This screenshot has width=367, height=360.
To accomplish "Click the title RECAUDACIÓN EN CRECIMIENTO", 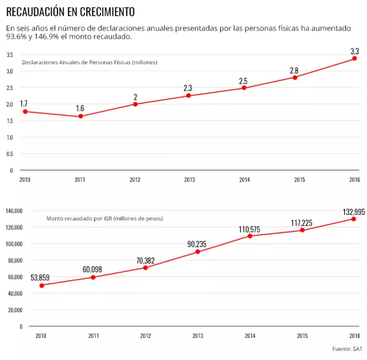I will click(x=71, y=12).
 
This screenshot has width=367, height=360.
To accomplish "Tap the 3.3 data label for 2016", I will click(x=354, y=51).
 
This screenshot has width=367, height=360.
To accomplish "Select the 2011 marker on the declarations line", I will click(x=80, y=116).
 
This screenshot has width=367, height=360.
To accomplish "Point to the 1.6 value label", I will click(x=80, y=108).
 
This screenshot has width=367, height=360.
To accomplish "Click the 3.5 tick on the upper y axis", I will click(x=10, y=54).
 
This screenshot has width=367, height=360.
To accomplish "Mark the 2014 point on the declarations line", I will click(x=244, y=88).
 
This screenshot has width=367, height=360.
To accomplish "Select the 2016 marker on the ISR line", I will click(x=354, y=219).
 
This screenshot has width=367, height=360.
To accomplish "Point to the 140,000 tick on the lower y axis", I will click(x=13, y=211).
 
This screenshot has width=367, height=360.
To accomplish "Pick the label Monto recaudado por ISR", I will click(x=104, y=219).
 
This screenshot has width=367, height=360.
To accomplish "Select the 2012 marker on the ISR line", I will click(x=145, y=268).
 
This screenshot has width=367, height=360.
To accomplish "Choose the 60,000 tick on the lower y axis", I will click(x=15, y=277).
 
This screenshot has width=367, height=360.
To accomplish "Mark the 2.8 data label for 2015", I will click(x=294, y=70).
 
